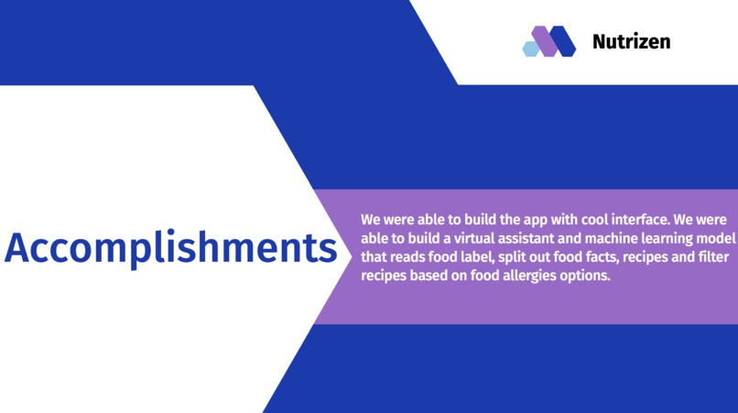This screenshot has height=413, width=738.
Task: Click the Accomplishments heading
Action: pos(170,248)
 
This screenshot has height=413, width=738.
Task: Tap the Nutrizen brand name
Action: pos(631,41)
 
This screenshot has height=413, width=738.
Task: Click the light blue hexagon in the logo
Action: pos(530,49)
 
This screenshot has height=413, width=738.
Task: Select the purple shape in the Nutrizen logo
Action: pos(545,41)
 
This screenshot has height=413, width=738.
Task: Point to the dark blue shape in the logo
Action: pos(563,41)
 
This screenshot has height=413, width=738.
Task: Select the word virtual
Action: pos(466,239)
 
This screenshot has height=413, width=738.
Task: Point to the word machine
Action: pos(610,239)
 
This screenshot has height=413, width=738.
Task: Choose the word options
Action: pos(586,276)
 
